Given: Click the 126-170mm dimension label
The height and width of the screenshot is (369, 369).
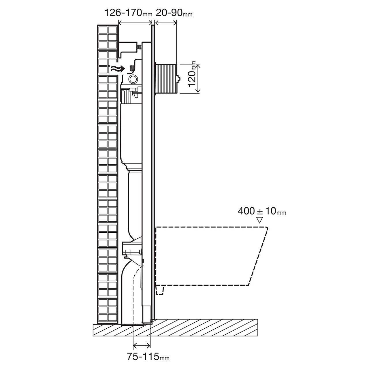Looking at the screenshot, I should pos(128,13).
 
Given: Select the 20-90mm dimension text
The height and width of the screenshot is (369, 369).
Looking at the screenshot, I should pos(174,13).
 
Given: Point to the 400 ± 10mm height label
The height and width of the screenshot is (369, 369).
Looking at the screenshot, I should pos(262,211).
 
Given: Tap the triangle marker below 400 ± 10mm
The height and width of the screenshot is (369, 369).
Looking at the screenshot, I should pos(259,220).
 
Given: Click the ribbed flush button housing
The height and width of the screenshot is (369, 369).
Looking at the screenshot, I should pos(166,78).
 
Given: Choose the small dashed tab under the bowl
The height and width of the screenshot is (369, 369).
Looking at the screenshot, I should pos(160,290).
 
